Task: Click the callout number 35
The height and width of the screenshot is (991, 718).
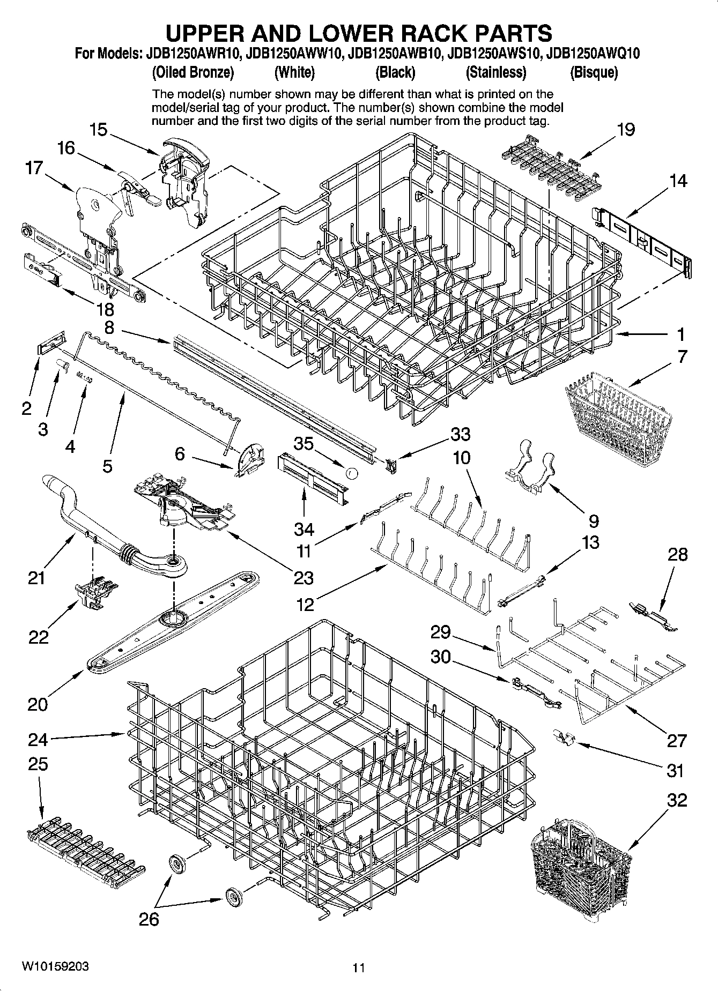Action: tap(304, 444)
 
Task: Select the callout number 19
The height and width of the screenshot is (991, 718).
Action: tap(626, 129)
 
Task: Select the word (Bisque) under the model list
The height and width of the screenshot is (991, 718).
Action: tap(594, 72)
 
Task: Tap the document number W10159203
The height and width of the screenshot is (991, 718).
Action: tap(55, 966)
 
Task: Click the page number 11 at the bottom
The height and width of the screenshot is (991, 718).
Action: tap(359, 968)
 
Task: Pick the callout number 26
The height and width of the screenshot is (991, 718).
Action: tap(149, 919)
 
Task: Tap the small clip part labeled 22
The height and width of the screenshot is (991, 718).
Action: tap(97, 593)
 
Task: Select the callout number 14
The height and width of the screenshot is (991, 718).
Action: tap(678, 181)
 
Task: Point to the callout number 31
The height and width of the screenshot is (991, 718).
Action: tap(675, 771)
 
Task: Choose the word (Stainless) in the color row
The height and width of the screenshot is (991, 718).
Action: tap(495, 72)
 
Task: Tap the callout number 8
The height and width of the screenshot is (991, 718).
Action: tap(109, 327)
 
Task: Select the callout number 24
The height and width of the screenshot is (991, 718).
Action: tap(38, 740)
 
